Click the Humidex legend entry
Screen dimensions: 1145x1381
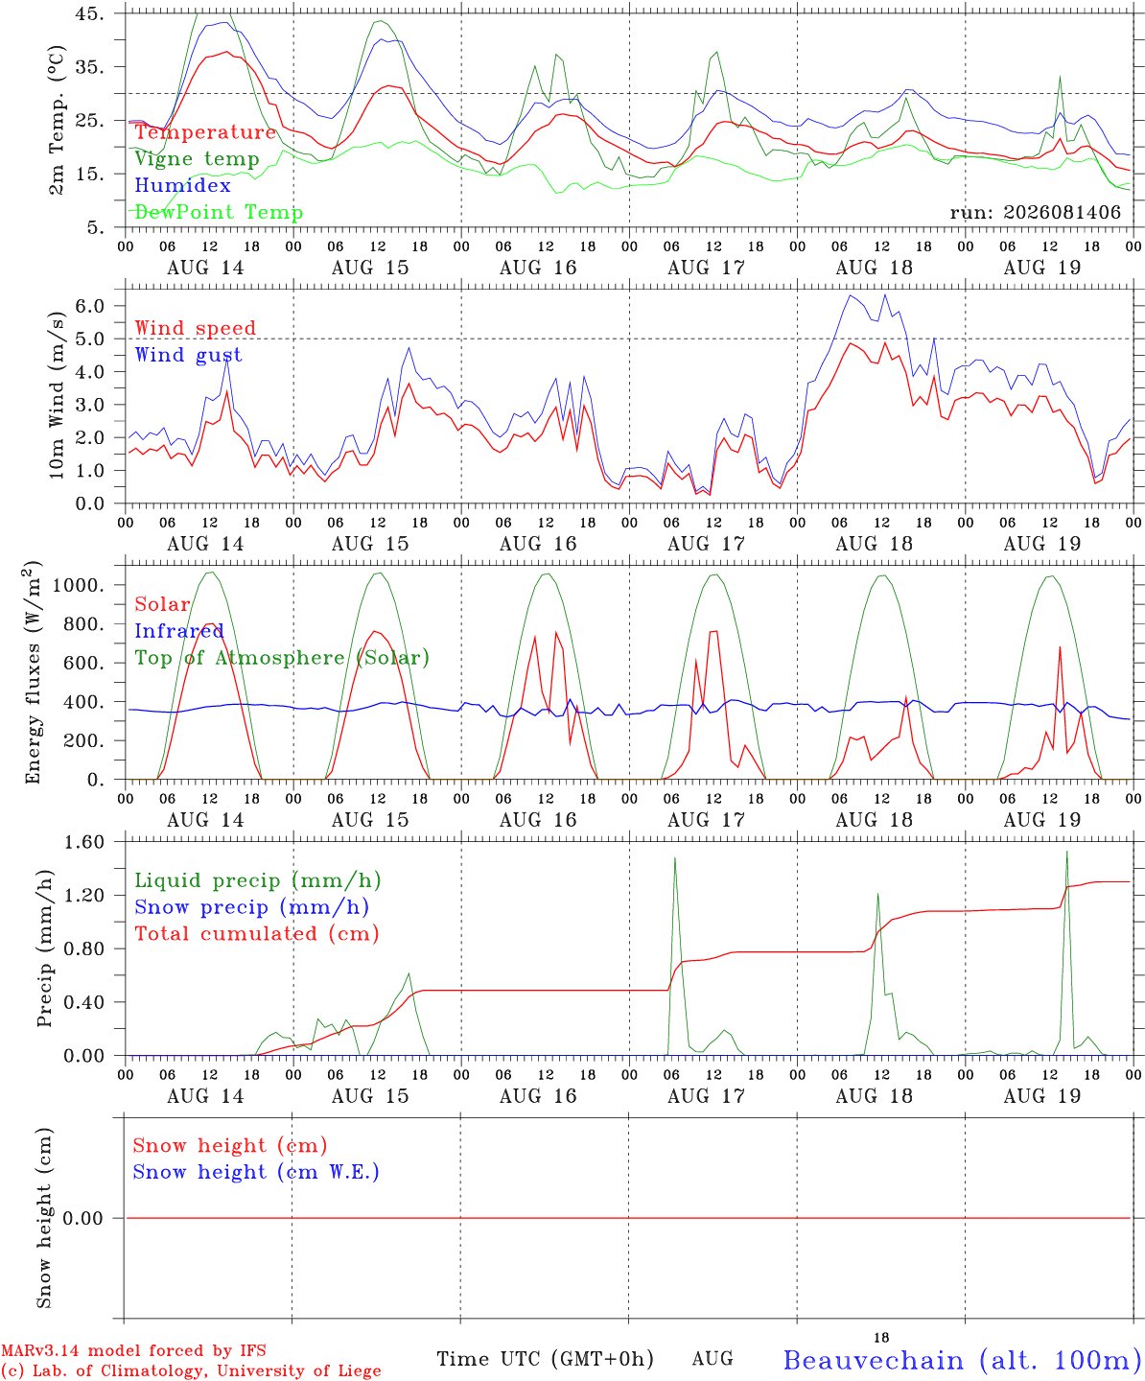[182, 185]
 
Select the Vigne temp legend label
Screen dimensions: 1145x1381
[198, 159]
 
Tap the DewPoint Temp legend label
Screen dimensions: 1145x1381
[219, 212]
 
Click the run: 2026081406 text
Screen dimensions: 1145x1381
[1035, 212]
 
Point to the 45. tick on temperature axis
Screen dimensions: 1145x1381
[90, 13]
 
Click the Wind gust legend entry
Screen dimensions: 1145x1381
[189, 355]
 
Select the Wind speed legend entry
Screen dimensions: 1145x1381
[195, 328]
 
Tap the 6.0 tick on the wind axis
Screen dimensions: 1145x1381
[90, 306]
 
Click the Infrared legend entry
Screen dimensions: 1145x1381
[179, 631]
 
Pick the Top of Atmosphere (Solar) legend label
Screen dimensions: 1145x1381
[283, 658]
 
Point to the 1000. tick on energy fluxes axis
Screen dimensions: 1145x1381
[80, 585]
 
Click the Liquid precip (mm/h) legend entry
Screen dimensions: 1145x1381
[258, 881]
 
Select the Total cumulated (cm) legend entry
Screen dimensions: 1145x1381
[257, 934]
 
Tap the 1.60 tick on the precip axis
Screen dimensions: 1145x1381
[84, 842]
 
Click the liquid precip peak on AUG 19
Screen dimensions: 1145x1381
[1067, 852]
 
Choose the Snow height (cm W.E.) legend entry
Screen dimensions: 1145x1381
[256, 1172]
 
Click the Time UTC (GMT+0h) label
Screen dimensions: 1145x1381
[545, 1359]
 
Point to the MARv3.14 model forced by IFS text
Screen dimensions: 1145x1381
[133, 1350]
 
